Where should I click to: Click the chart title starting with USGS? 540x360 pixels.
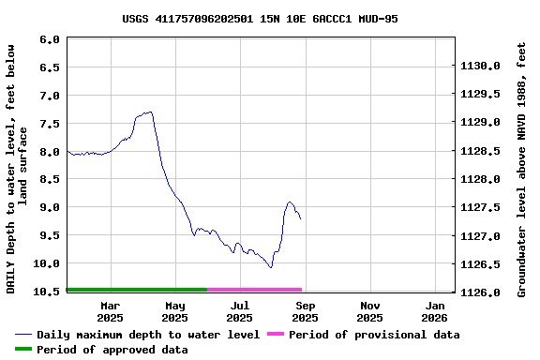(x=260, y=19)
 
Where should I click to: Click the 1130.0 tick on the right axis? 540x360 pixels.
(x=479, y=67)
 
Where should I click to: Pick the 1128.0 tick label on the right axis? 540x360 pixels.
(x=479, y=179)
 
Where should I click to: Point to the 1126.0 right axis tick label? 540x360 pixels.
(x=479, y=292)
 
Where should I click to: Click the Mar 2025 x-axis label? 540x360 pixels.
(x=110, y=311)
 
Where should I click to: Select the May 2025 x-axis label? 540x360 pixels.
(x=175, y=311)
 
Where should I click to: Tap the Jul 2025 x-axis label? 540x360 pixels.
(x=240, y=311)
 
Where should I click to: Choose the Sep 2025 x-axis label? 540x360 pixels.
(x=305, y=311)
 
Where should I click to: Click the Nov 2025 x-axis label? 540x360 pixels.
(x=370, y=311)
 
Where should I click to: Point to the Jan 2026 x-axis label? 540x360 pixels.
(x=435, y=311)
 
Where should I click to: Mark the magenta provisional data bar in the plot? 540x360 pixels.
(x=255, y=290)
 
